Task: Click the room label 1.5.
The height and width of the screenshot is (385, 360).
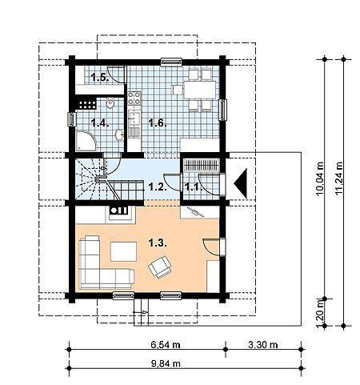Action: point(100,78)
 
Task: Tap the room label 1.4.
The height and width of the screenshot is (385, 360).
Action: point(100,123)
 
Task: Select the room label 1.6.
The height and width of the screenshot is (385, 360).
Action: point(158,123)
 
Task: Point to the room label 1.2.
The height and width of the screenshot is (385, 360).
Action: point(158,186)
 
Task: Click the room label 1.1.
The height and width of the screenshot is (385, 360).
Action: point(194,186)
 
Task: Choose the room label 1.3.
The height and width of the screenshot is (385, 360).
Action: point(158,243)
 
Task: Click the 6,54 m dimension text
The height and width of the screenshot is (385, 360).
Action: point(166,345)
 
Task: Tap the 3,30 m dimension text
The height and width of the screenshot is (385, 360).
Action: point(263,345)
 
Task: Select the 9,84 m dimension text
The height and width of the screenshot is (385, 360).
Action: point(166,363)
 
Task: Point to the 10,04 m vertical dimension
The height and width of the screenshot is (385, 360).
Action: point(320,178)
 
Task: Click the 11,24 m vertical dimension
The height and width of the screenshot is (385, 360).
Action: point(339,178)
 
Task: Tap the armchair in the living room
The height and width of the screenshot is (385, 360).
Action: point(160,267)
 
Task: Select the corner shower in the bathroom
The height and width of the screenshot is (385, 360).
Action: point(86,141)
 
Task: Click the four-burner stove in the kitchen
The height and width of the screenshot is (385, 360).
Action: point(134,98)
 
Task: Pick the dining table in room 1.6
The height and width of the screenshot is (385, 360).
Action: point(199,90)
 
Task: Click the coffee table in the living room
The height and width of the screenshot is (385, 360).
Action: point(123,251)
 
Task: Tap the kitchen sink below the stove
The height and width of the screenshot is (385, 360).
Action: point(134,118)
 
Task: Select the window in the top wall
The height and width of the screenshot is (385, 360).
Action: point(171,62)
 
